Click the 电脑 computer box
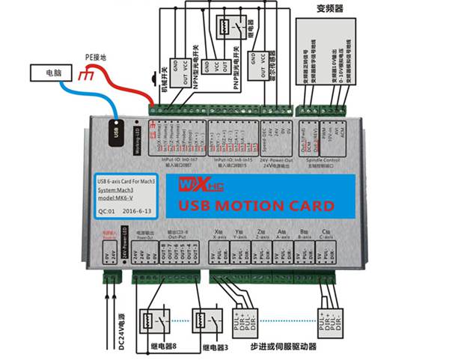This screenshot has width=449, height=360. point(52,74)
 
